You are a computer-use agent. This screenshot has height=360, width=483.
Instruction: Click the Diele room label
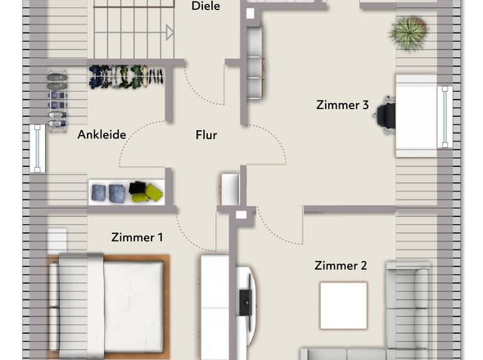205,6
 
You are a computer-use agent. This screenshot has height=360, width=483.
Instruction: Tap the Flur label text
206,135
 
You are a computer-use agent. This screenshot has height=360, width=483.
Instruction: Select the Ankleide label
102,134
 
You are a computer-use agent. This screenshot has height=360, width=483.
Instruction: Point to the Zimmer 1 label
137,237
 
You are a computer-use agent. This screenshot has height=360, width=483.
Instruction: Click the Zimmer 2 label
341,265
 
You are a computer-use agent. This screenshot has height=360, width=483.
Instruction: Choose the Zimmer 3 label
342,105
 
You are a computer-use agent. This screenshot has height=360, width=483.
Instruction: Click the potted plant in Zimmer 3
409,33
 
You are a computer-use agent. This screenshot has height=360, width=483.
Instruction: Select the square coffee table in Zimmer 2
344,305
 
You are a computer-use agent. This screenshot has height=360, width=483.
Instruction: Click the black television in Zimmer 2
246,303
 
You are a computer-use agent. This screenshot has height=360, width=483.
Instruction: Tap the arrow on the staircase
169,33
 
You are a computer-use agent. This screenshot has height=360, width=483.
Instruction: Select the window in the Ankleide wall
38,148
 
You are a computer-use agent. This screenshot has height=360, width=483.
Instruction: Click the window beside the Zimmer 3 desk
445,117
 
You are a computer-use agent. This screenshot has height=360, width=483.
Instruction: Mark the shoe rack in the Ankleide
57,101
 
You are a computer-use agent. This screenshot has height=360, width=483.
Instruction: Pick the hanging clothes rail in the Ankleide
126,76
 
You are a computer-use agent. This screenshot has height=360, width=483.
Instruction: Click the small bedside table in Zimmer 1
57,240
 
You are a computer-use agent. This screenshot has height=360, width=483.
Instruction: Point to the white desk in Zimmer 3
417,116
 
